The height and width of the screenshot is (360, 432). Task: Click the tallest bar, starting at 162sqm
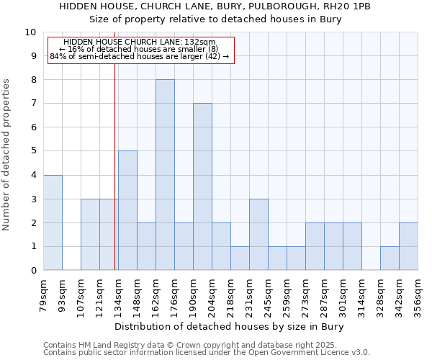(x=165, y=175)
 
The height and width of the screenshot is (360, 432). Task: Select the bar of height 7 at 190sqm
(x=202, y=186)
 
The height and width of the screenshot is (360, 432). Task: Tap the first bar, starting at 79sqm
(x=53, y=222)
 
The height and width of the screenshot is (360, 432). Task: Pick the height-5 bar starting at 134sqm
(x=127, y=210)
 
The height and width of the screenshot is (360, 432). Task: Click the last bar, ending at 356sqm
(x=408, y=246)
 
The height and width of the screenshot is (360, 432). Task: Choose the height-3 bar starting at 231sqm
(x=258, y=234)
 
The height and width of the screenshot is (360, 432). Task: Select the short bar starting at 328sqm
(x=390, y=258)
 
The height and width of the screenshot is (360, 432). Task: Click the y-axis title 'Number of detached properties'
(x=7, y=155)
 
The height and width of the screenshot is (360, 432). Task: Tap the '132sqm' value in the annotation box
(x=202, y=42)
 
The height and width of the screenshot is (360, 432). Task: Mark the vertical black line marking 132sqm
(x=114, y=166)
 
